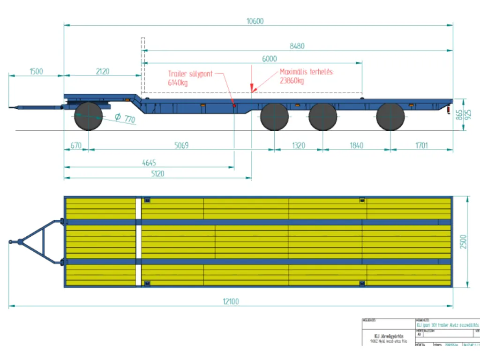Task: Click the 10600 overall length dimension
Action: (x=255, y=21)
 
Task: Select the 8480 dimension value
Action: (x=297, y=46)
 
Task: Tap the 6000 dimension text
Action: (x=270, y=59)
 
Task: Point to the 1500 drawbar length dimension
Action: (x=36, y=71)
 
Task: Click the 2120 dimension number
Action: (x=103, y=71)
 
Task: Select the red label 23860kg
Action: (x=292, y=81)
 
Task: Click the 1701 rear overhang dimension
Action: (x=421, y=145)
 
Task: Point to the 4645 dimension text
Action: (x=149, y=163)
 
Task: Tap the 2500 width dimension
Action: (x=464, y=242)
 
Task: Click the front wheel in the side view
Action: (x=88, y=116)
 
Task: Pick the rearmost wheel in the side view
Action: (x=390, y=116)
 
